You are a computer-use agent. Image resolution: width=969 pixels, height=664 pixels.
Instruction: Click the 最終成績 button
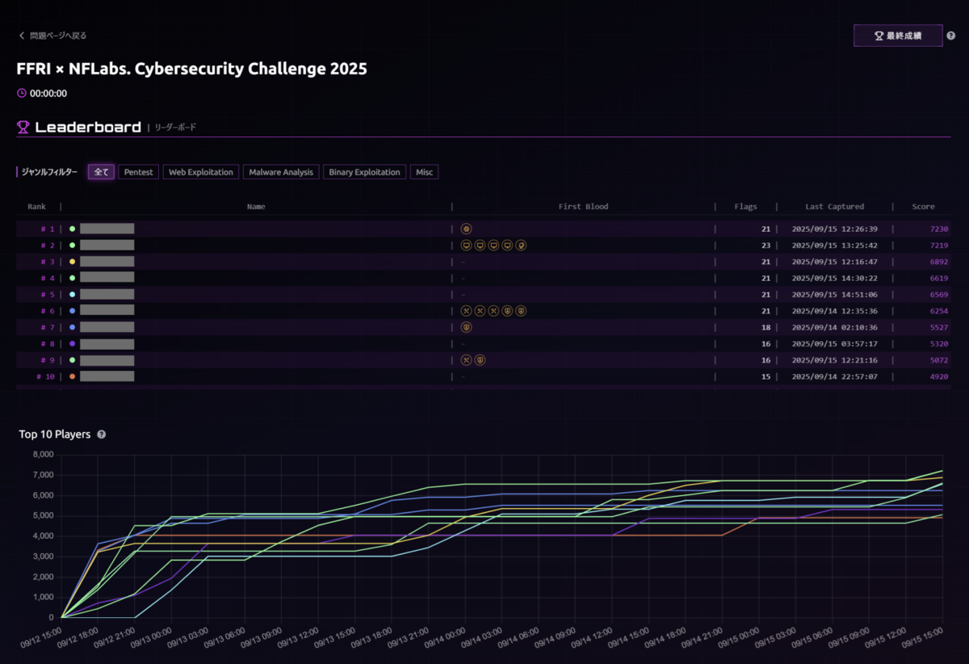coord(897,36)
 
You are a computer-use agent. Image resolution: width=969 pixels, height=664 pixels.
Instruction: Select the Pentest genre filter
coord(139,172)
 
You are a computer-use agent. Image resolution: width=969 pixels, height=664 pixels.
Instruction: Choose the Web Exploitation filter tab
coord(201,172)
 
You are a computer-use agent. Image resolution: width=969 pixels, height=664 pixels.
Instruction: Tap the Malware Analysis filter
coord(280,172)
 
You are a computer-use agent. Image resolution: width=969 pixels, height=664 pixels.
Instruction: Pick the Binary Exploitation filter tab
coord(364,172)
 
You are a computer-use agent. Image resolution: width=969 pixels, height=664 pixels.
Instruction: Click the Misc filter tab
coord(424,172)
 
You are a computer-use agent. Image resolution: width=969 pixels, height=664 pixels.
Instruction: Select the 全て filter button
coord(101,172)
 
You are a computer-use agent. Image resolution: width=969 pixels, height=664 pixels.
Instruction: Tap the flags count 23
coord(766,246)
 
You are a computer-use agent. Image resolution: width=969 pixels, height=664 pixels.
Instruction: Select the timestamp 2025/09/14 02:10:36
coord(834,327)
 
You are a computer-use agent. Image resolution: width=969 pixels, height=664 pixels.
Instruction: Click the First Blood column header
coord(583,207)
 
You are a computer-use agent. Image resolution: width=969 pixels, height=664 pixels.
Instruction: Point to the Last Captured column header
coord(834,207)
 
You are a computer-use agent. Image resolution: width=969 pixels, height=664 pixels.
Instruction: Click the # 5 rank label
coord(48,295)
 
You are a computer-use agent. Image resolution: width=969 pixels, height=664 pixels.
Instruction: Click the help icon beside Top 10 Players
coord(101,435)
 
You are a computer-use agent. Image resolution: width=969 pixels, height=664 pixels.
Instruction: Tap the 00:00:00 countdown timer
coord(48,93)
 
